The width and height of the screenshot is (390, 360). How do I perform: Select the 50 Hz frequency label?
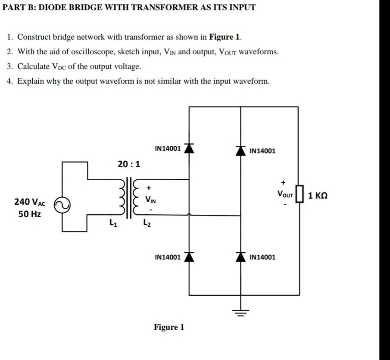pyautogui.click(x=30, y=214)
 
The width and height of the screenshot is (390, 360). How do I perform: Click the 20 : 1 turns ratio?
pyautogui.click(x=128, y=164)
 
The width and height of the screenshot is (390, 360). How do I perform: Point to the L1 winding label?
pyautogui.click(x=112, y=223)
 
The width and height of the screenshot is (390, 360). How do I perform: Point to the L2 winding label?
pyautogui.click(x=147, y=223)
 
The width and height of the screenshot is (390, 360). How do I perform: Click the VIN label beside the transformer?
pyautogui.click(x=150, y=200)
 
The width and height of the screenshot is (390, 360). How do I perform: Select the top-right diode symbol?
pyautogui.click(x=240, y=150)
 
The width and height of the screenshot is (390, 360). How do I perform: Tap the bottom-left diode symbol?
pyautogui.click(x=188, y=257)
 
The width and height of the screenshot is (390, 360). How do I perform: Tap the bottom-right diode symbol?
pyautogui.click(x=240, y=257)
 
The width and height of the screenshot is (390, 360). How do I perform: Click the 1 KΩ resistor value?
pyautogui.click(x=318, y=195)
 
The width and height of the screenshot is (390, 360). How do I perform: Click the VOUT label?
pyautogui.click(x=285, y=195)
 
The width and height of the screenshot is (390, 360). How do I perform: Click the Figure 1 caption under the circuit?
pyautogui.click(x=169, y=327)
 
